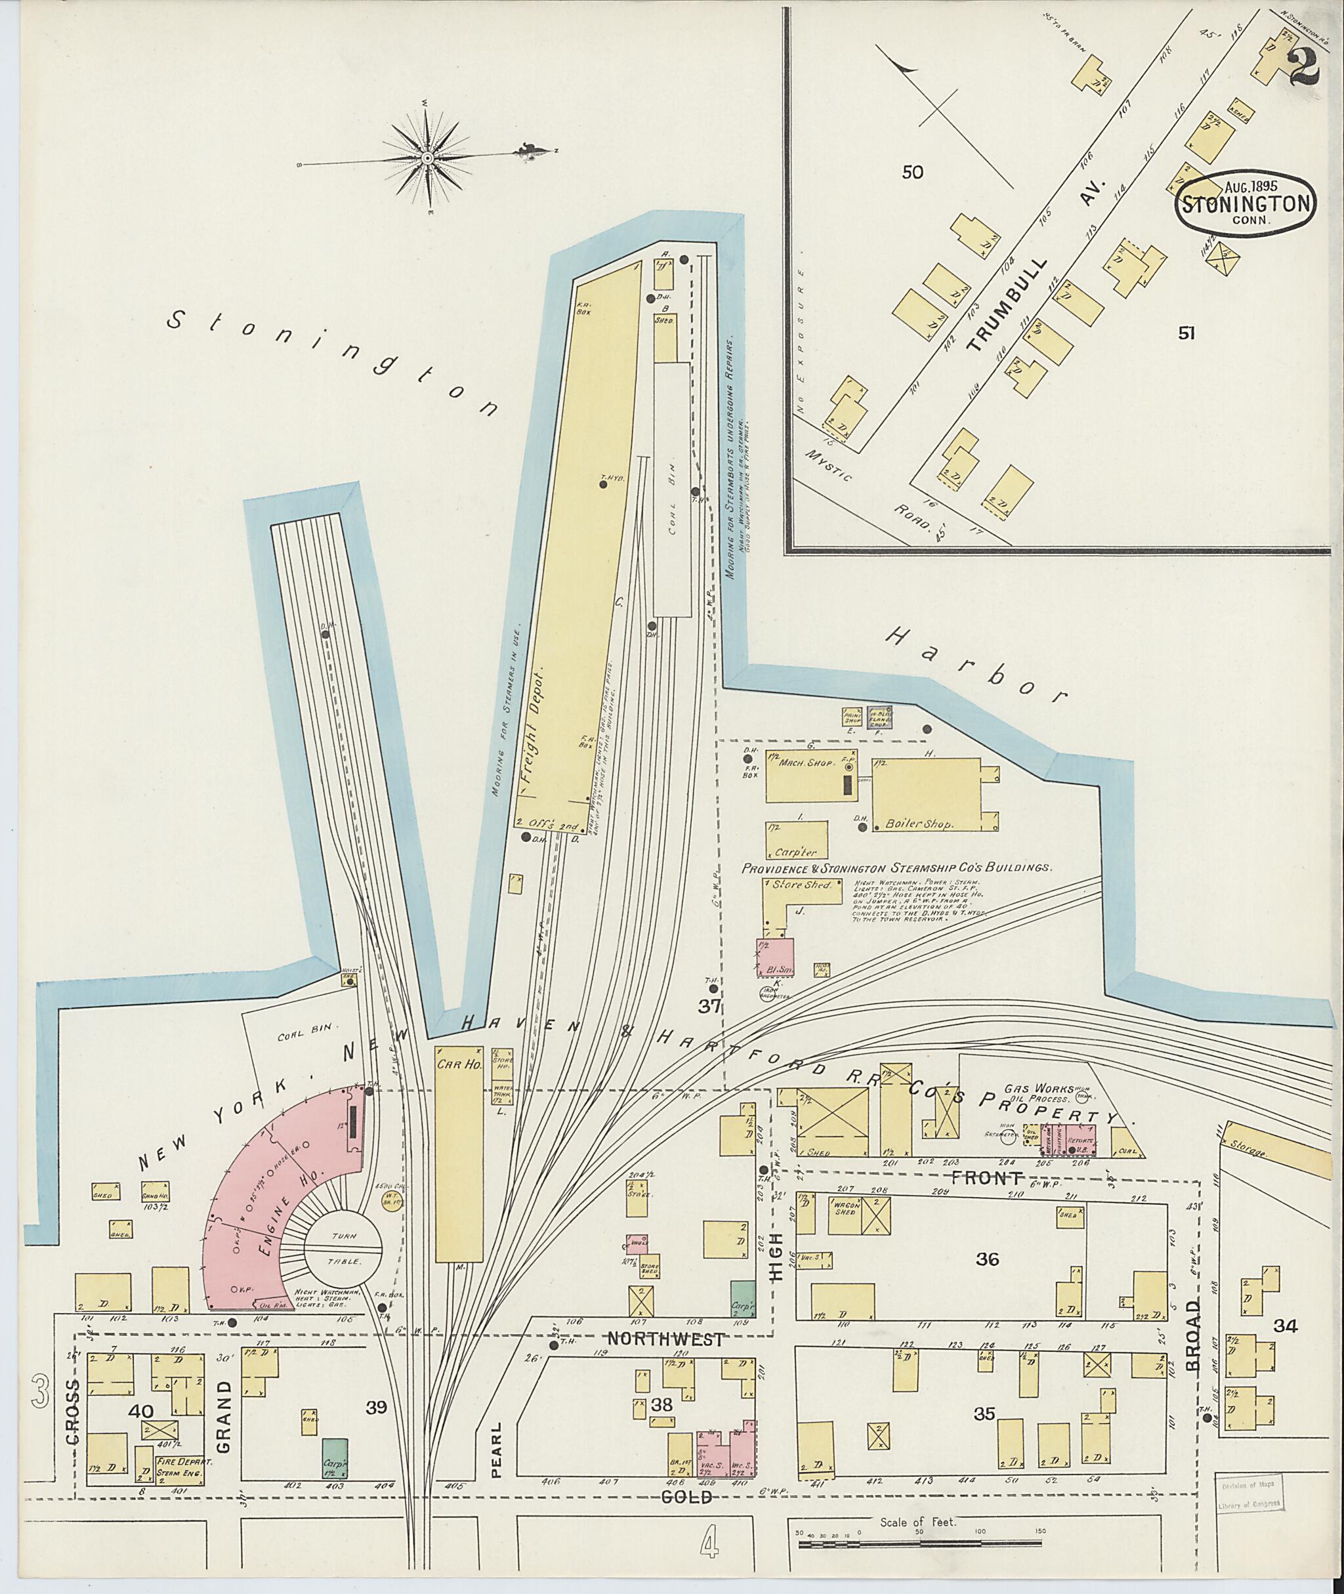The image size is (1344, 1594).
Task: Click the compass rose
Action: (427, 157)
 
